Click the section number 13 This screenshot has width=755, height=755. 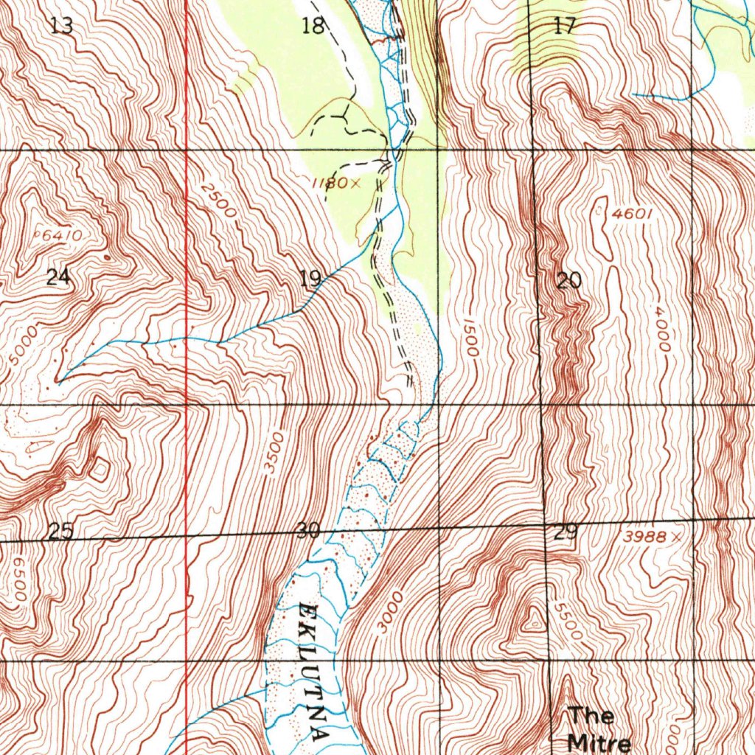62,27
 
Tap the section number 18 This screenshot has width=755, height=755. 313,27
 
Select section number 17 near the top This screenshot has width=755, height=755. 565,27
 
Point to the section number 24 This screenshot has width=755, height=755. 59,277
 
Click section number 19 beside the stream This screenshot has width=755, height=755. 310,279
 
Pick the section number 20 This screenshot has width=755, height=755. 569,280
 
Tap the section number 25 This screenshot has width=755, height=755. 60,531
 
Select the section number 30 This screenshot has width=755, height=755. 308,530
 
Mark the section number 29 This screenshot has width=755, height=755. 566,532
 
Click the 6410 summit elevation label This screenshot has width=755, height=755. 61,236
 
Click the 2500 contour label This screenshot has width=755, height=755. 219,201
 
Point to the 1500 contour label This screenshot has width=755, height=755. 471,338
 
